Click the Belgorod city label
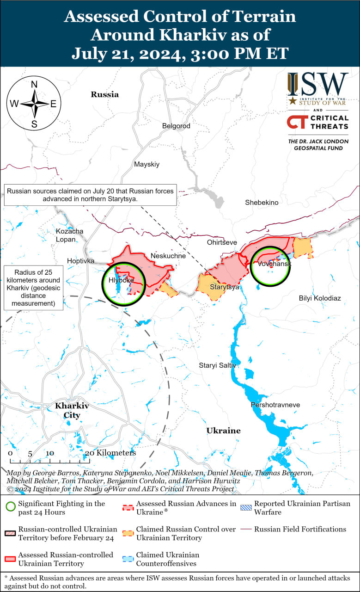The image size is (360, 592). [x=176, y=126]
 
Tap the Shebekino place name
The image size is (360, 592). [x=262, y=203]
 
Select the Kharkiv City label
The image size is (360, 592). [x=72, y=410]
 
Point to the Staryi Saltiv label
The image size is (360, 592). [x=218, y=365]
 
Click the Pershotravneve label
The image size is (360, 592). [x=275, y=405]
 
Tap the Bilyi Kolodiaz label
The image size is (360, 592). [x=319, y=298]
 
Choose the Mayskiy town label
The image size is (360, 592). [x=146, y=164]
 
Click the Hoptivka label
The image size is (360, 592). [x=80, y=261]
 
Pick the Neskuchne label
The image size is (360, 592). [x=168, y=256]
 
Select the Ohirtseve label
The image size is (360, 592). [x=221, y=242]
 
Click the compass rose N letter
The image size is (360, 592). [x=34, y=85]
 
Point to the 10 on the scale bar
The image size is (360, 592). [x=50, y=453]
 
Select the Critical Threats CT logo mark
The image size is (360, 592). [x=296, y=122]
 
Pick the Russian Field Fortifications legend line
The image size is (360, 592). [x=246, y=529]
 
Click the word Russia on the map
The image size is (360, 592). [x=104, y=94]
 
